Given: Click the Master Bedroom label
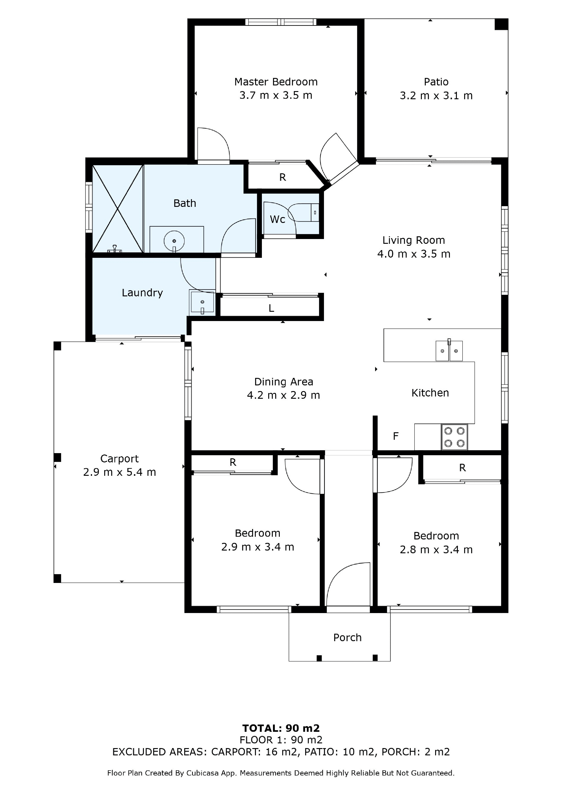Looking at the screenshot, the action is coord(276,82).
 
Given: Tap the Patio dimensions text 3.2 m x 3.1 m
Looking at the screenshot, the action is coord(436,96).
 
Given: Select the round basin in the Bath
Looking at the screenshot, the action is coord(174,240).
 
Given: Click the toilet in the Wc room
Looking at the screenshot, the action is coord(303,212).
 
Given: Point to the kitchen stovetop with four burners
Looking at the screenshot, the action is coord(454,437).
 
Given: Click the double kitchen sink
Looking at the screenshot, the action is coord(449,351).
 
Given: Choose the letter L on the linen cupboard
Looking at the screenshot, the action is coord(271,308).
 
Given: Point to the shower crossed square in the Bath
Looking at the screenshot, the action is coord(118,209).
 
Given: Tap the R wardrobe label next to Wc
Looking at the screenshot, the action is coord(282,177).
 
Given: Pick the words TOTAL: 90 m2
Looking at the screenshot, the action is coord(281,728).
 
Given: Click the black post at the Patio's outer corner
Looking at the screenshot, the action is coord(501,24).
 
